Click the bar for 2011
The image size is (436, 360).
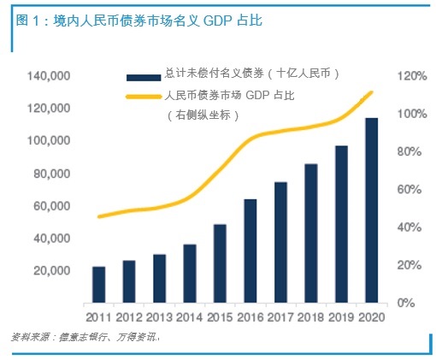pos(98,285)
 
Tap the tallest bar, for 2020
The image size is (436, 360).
pos(372,210)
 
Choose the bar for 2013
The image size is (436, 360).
pos(159,278)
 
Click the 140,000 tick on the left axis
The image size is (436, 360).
pos(48,77)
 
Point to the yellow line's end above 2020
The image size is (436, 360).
pos(372,92)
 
